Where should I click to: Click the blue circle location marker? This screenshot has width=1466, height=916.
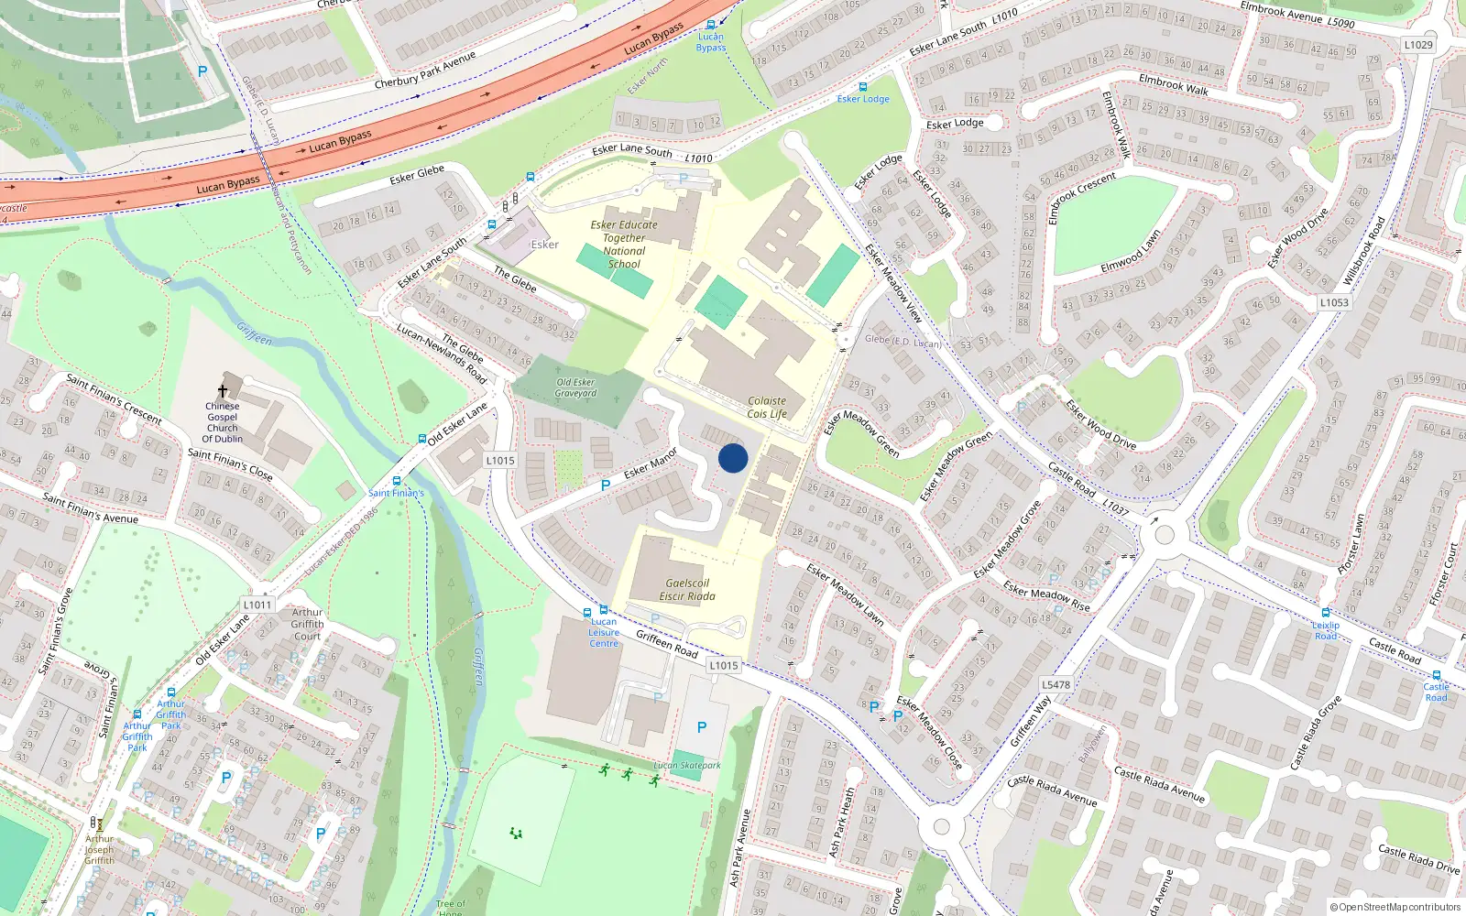click(733, 458)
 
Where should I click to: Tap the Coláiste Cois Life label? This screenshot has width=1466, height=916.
click(767, 408)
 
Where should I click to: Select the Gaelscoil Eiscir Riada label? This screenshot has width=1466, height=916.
click(687, 589)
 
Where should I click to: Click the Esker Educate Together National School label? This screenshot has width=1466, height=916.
click(624, 244)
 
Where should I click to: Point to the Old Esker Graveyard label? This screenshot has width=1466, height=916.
click(575, 387)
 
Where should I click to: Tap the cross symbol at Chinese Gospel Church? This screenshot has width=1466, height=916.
click(222, 390)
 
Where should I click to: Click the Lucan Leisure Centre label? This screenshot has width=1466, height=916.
click(604, 633)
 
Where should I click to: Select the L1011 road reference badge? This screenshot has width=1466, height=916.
click(257, 605)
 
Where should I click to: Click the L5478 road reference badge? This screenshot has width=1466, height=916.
click(1056, 684)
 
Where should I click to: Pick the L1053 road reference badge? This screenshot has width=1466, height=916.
click(1334, 302)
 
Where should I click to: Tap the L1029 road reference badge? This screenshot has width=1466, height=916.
click(1418, 44)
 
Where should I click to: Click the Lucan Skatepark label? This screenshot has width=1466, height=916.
click(687, 766)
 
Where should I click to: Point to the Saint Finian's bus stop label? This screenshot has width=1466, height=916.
click(396, 493)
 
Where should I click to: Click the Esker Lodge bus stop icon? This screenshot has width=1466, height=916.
click(862, 87)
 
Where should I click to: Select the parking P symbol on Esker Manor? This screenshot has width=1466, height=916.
click(605, 485)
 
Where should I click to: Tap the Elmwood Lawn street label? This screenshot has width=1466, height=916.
click(1131, 251)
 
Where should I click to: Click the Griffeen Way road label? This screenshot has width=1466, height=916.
click(1031, 721)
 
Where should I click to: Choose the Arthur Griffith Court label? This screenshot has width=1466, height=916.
click(307, 624)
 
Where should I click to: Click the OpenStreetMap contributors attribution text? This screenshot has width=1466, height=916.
click(1396, 907)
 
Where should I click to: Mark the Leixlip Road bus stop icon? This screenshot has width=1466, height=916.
click(1325, 612)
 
